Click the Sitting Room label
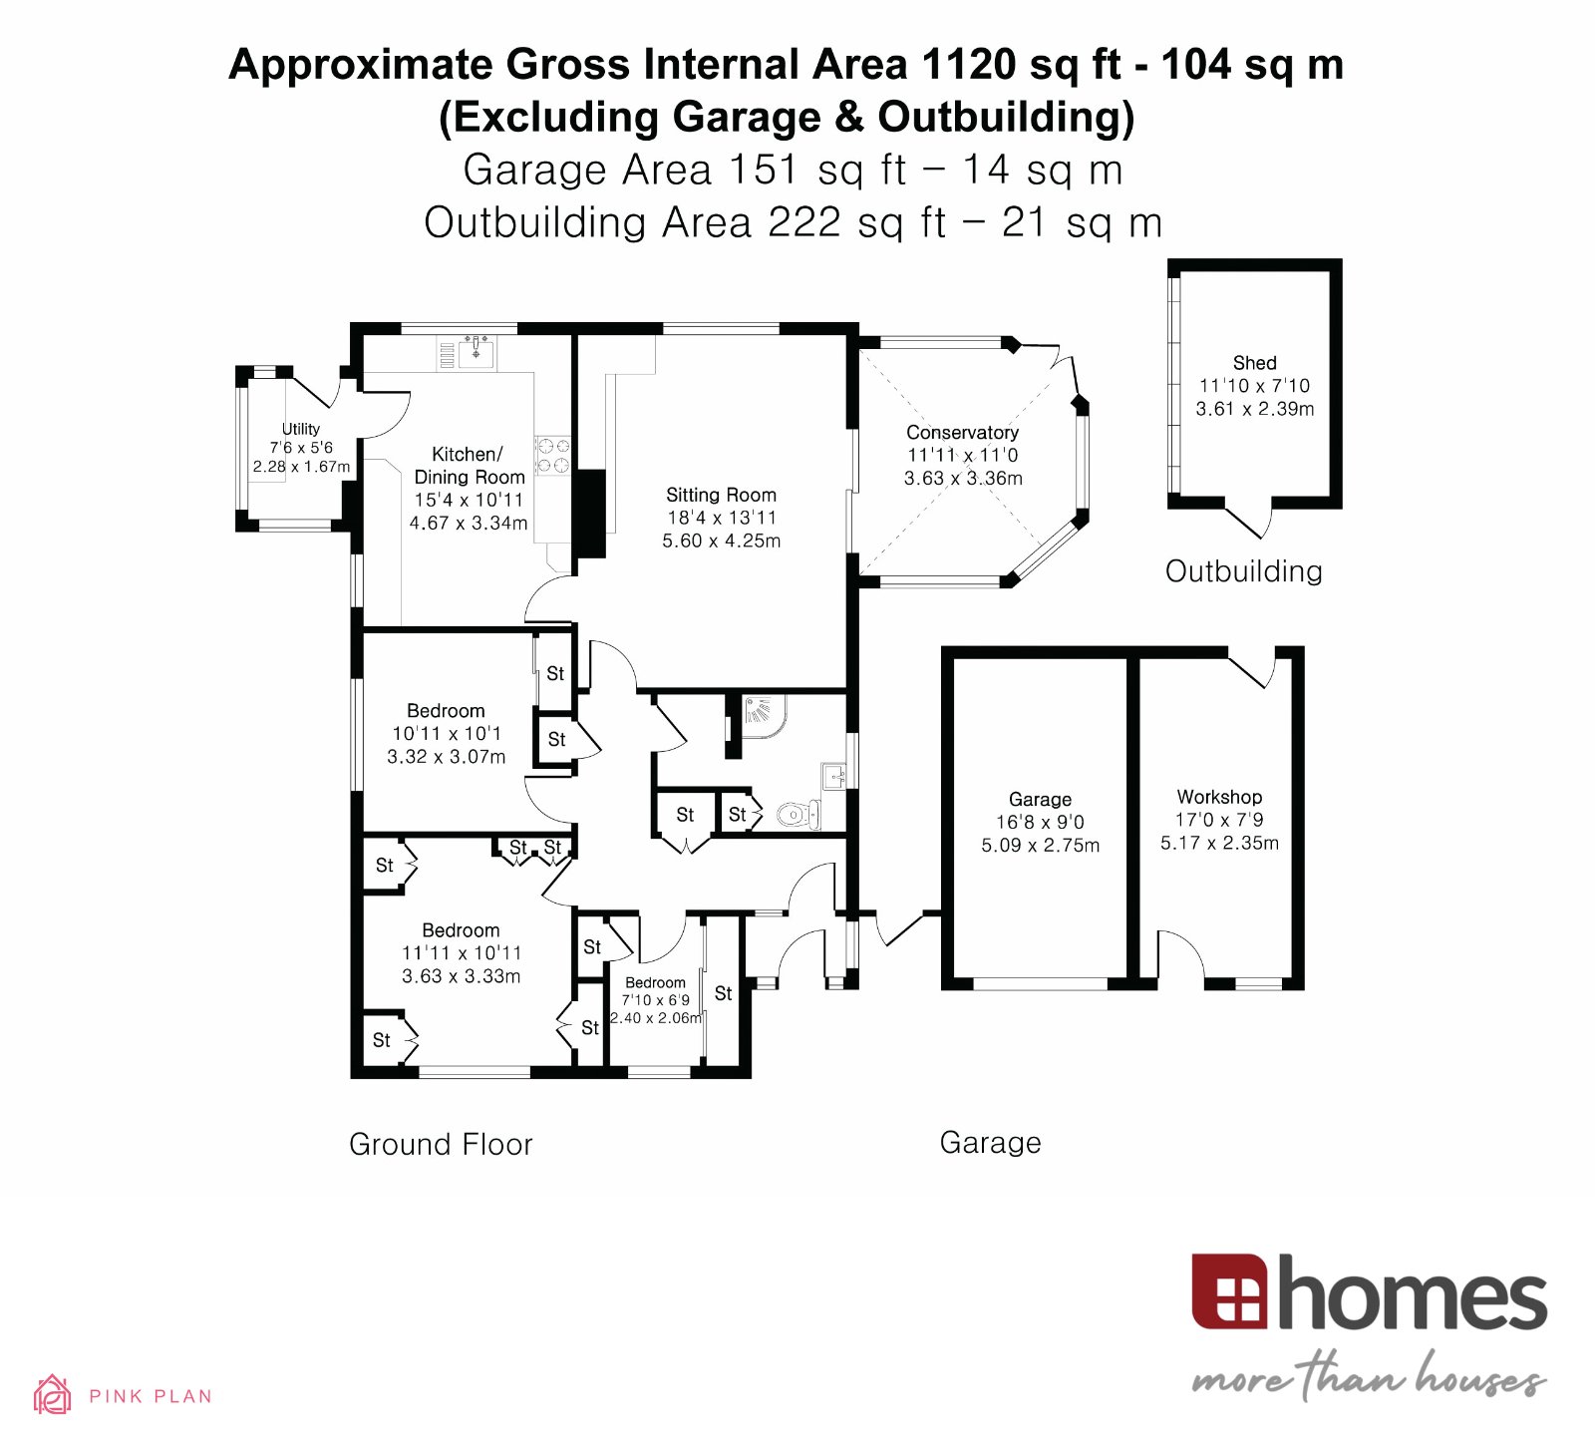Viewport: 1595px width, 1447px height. pos(721,495)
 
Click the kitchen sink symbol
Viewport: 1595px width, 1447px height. pos(477,351)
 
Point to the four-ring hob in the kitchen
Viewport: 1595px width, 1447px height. pos(553,455)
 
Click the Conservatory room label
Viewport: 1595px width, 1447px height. pos(962,432)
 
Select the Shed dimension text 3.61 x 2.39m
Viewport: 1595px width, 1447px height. pos(1254,408)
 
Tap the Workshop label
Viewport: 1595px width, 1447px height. pos(1219,796)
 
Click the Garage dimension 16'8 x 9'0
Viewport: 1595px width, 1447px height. pos(1040,822)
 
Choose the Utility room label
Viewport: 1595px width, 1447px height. pos(300,429)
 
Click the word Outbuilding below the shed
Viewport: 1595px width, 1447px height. pos(1243,571)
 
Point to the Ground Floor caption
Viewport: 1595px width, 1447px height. pos(441,1144)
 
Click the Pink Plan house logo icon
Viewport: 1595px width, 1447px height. pos(52,1394)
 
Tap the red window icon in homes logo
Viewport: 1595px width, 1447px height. pos(1229,1292)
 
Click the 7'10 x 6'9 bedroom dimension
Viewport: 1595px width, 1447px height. pos(655,999)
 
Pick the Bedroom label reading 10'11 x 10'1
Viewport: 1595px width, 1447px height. pos(446,711)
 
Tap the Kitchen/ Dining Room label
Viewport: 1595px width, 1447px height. pos(469,466)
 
